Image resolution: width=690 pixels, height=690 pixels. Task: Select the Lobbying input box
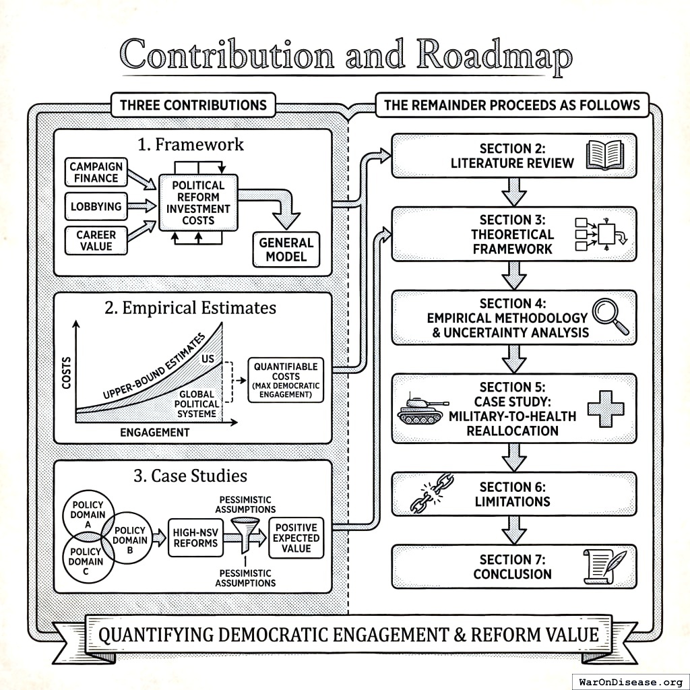[96, 207]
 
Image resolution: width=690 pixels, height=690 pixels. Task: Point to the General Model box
[286, 250]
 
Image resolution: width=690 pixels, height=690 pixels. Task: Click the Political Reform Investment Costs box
[198, 203]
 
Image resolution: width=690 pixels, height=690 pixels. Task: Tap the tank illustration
[422, 408]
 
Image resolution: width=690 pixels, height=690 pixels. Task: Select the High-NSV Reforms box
[195, 537]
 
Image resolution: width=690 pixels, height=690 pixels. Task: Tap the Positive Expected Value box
[296, 537]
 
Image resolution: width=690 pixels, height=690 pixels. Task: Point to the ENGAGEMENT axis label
[155, 432]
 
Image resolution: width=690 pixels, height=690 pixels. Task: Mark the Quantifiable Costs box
[286, 379]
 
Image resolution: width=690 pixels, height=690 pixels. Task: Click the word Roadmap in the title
[493, 55]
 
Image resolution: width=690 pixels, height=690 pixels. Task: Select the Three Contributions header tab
[193, 105]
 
